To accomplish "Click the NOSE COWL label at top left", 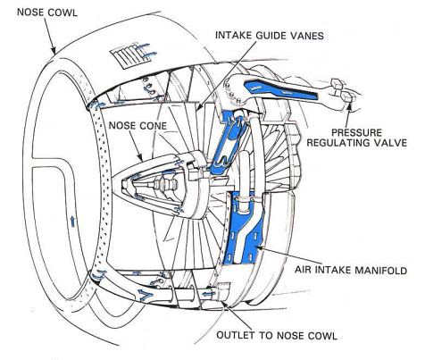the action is click(47, 13).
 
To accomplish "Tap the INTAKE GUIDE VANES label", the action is click(270, 36).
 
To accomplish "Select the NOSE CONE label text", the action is click(137, 126).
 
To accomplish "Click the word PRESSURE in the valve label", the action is click(356, 132).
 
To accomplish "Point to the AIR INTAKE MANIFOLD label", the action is click(351, 270).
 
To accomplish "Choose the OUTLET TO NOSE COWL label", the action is click(277, 335).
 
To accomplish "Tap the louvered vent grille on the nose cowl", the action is click(130, 57).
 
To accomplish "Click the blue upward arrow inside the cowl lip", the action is click(72, 222).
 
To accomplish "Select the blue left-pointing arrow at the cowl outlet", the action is click(209, 294).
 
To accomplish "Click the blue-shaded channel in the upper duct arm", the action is click(279, 88).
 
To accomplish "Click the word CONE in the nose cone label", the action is click(153, 126).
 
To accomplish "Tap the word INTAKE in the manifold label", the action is click(331, 270).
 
